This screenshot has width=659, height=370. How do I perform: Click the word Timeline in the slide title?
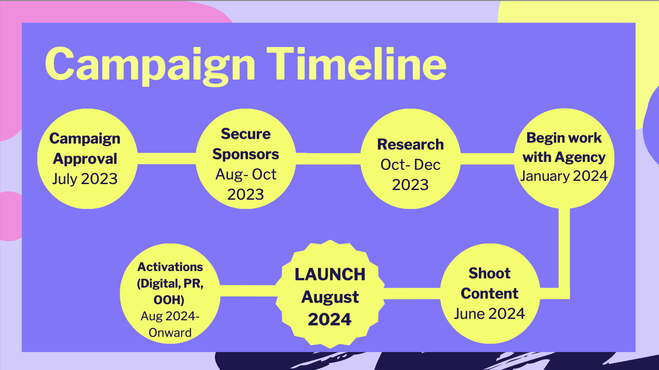click(356, 64)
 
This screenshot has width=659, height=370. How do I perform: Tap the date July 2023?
click(85, 179)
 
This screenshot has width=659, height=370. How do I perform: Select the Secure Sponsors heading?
click(246, 144)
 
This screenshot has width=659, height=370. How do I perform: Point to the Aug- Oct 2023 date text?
click(246, 184)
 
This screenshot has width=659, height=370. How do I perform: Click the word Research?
click(411, 145)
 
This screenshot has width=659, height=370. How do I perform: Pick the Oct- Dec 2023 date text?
click(411, 174)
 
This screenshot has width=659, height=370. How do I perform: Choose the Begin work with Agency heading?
click(564, 148)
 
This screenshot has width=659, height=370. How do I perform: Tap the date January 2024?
click(564, 176)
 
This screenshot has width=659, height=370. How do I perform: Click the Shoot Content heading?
click(489, 283)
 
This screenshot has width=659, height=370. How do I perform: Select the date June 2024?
click(489, 313)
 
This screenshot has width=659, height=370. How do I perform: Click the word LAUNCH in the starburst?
click(330, 274)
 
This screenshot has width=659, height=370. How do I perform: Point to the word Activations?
click(170, 267)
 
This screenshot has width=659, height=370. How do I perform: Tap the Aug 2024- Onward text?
click(170, 324)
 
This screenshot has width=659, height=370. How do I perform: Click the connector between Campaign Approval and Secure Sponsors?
click(167, 159)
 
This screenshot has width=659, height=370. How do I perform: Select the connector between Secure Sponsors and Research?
click(328, 159)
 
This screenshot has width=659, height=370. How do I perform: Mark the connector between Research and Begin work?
click(487, 159)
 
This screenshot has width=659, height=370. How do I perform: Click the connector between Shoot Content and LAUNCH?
click(412, 294)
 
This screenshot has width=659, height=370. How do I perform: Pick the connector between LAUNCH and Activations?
click(248, 291)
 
